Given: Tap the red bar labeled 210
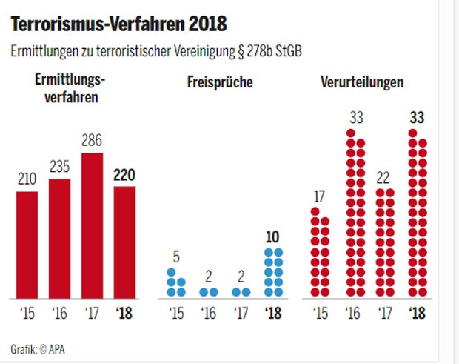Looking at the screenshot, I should [x=27, y=244].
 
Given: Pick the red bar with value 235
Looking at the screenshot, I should [x=59, y=237].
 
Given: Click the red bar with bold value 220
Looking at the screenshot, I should [x=124, y=241].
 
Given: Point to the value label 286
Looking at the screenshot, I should [x=92, y=141].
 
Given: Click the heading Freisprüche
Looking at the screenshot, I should [x=220, y=82].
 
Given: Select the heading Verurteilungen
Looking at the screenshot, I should [x=362, y=82].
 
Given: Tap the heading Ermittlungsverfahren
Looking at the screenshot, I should [x=70, y=88].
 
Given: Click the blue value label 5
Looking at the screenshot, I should [x=176, y=257].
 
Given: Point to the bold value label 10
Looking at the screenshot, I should [x=273, y=237].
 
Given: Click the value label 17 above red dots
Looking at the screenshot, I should [x=319, y=197].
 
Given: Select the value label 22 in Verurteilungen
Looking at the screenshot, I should [x=385, y=178].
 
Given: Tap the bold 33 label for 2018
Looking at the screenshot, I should [x=418, y=117].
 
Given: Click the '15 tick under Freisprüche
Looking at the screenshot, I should [x=176, y=314].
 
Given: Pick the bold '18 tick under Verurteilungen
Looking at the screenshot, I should [x=418, y=314].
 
